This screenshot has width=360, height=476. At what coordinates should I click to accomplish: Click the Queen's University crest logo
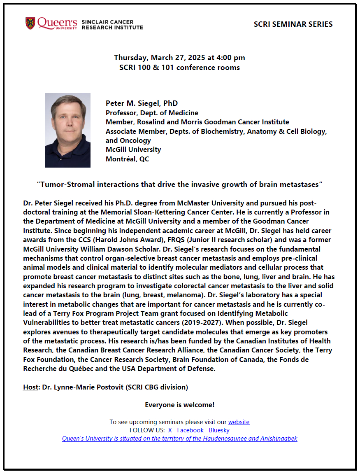pos(30,23)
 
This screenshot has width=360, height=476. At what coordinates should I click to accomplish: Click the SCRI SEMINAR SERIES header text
pos(293,24)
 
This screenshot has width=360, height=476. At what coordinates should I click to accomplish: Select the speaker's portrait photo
pos(68,130)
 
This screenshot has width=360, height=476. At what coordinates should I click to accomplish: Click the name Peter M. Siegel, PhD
pos(142,103)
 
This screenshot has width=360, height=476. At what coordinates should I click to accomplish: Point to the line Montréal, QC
pos(127,159)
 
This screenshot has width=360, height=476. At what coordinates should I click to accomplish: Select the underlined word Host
pos(30,387)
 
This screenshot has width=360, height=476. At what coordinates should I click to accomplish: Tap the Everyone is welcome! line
pos(179,405)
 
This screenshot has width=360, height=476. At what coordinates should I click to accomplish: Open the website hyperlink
pos(239,422)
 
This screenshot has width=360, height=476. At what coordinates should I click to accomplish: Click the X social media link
pos(170,430)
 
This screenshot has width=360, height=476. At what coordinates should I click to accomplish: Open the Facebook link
pos(190,430)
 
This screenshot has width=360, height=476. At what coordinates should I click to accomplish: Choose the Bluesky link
pos(219,430)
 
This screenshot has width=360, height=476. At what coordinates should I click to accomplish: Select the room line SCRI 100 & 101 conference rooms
pos(179,68)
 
